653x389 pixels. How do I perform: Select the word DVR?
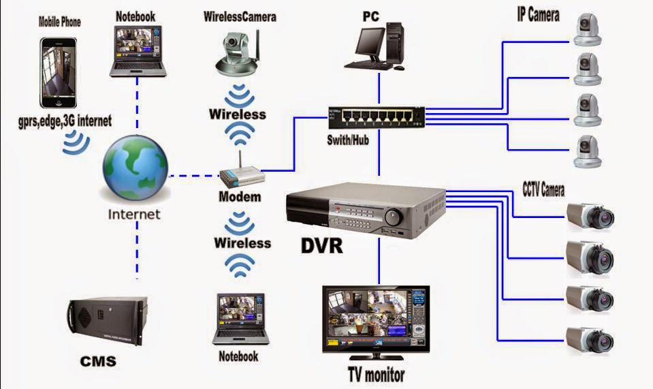(x=321, y=245)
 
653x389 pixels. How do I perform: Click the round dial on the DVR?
(x=393, y=216)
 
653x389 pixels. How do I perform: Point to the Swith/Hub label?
(x=348, y=140)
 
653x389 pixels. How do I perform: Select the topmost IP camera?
(x=587, y=29)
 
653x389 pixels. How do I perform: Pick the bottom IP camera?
(x=587, y=152)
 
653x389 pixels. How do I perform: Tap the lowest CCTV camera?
(x=590, y=339)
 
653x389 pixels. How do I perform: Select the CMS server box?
(x=108, y=320)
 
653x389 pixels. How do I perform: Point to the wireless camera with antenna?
(x=238, y=52)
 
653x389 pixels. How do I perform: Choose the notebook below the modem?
(x=240, y=319)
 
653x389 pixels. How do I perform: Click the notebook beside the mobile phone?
(x=138, y=51)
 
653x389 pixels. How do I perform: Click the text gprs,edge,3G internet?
(x=65, y=121)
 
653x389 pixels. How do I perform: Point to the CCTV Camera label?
(x=543, y=189)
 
